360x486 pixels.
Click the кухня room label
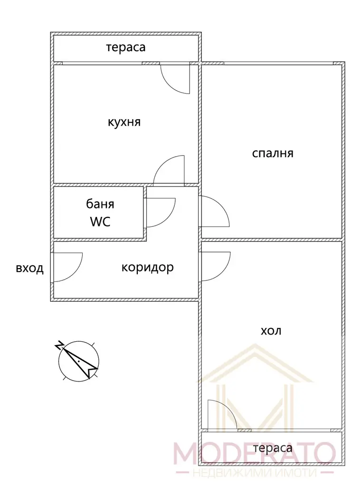point(124,122)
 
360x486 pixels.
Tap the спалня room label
point(273,153)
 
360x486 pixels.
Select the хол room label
point(271,331)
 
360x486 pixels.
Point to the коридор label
point(147,268)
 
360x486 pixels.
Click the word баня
point(100,204)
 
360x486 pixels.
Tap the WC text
point(100,222)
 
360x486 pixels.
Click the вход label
point(29,268)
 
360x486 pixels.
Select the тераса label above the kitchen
point(125,47)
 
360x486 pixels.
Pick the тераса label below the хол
point(273,448)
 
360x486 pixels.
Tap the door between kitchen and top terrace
point(175,78)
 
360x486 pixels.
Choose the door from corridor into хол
point(216,267)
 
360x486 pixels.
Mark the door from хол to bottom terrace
point(222,415)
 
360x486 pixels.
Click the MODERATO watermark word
point(254,453)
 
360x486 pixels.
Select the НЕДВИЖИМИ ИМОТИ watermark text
point(254,473)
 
